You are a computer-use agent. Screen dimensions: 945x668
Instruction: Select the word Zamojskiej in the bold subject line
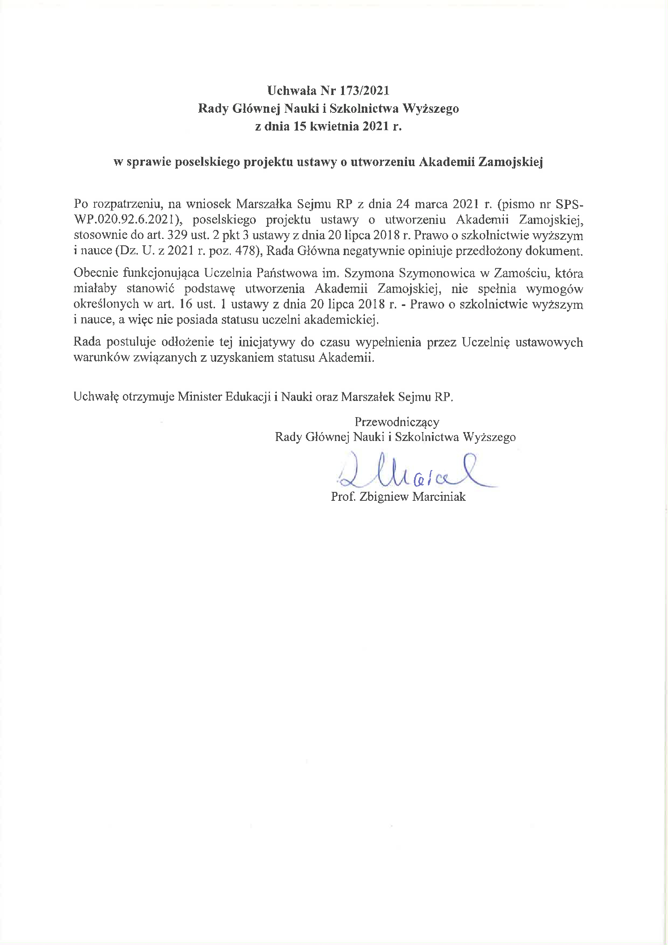(x=510, y=162)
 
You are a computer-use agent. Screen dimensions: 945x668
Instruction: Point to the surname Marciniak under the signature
(x=439, y=497)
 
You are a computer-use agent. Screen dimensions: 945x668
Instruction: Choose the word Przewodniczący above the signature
(x=397, y=422)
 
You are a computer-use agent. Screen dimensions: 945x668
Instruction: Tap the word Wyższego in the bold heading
(x=430, y=108)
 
